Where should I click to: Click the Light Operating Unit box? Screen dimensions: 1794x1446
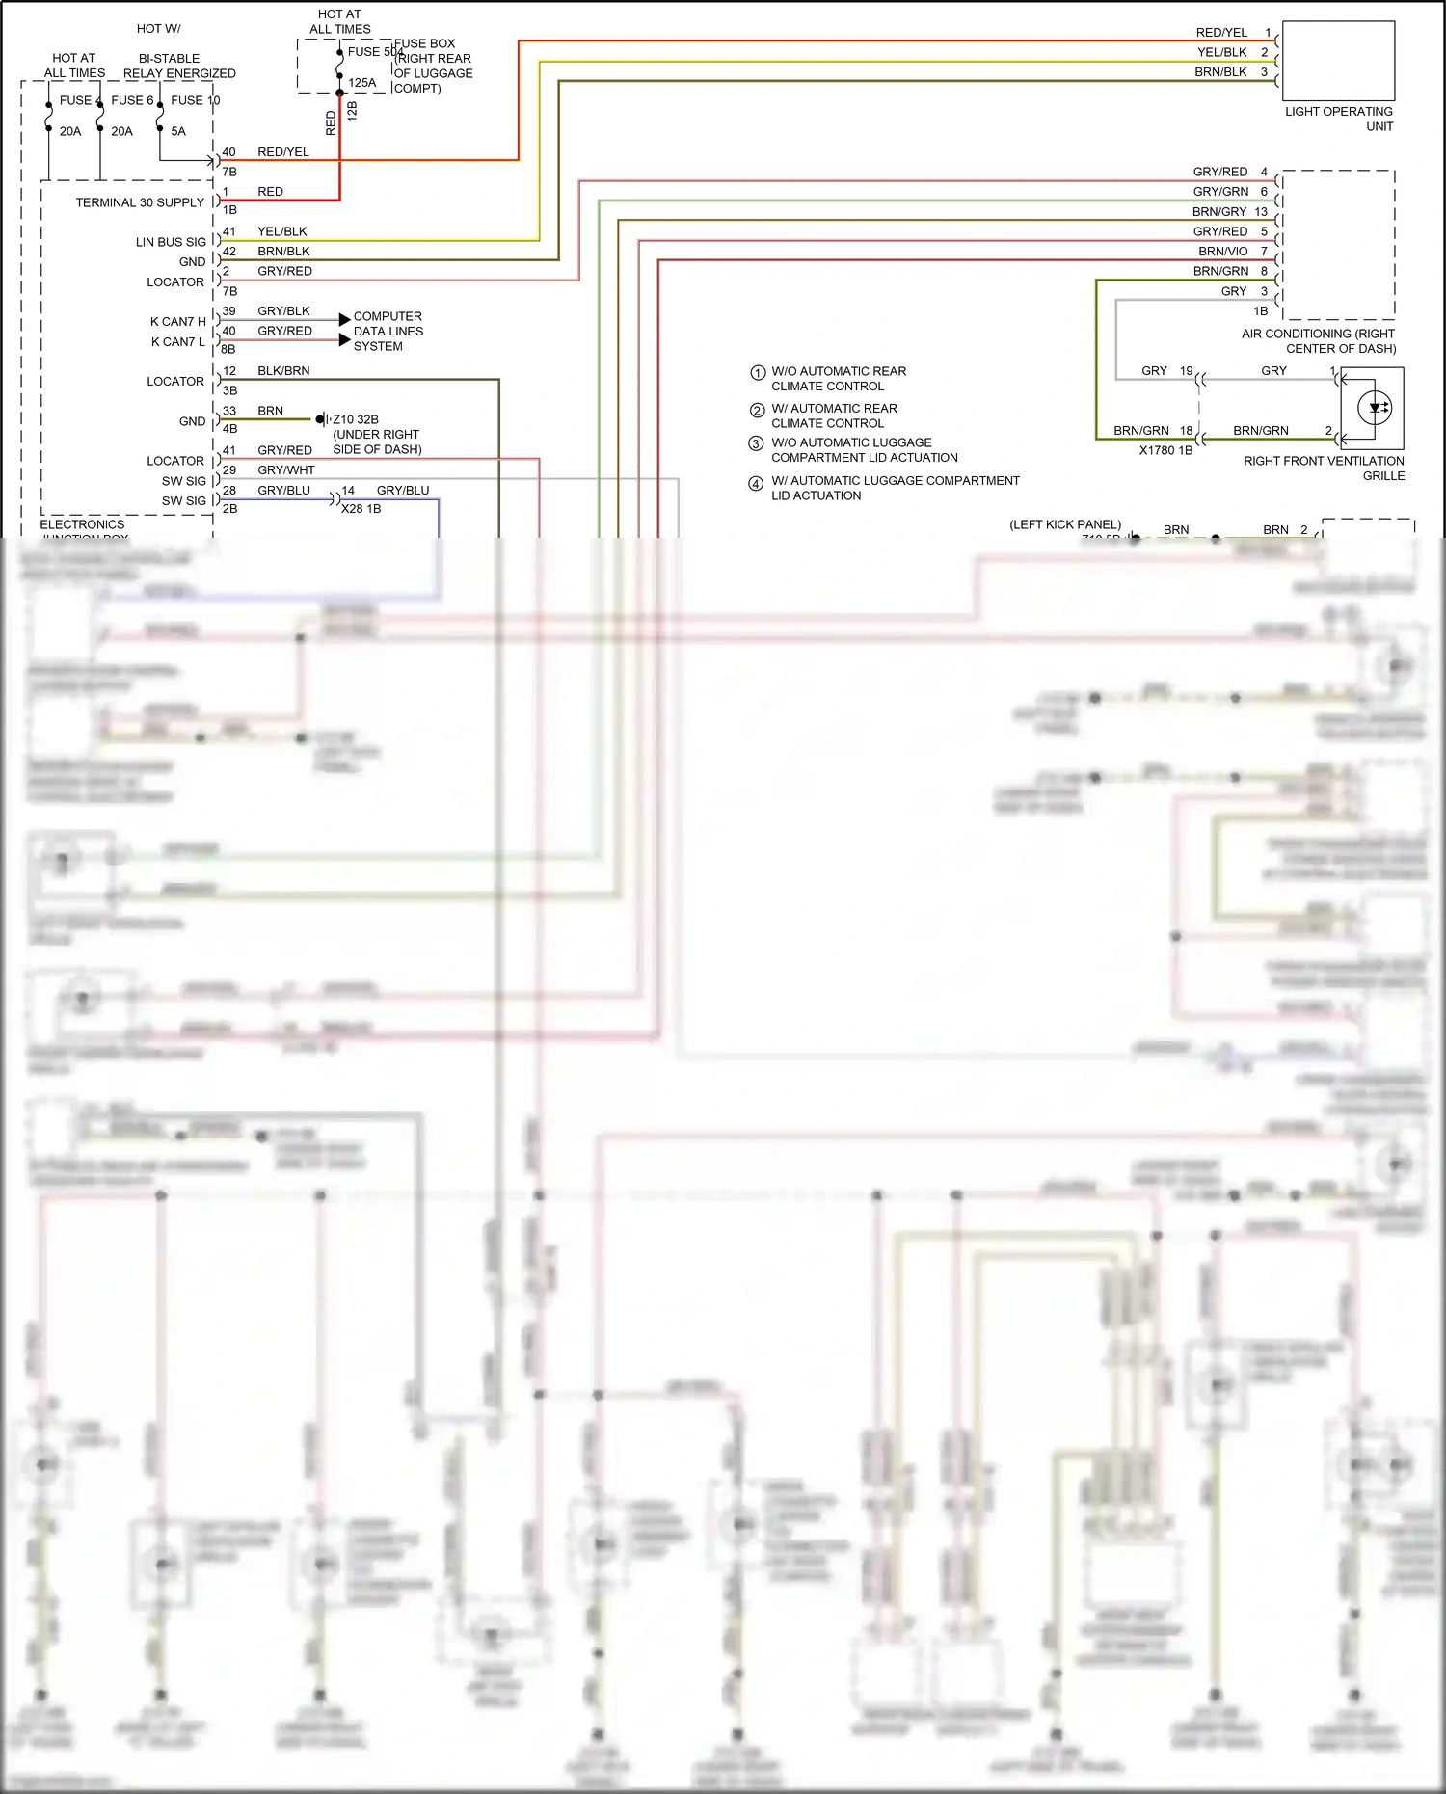click(x=1338, y=62)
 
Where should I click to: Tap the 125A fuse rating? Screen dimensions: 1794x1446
click(x=362, y=83)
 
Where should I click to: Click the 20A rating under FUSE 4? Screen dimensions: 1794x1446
click(x=70, y=131)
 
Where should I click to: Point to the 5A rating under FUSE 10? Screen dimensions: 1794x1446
click(x=178, y=131)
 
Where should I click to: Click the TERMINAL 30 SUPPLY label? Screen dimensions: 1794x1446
click(x=140, y=202)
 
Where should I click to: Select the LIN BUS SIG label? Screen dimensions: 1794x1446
click(x=171, y=242)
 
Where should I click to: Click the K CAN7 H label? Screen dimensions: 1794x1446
click(x=177, y=321)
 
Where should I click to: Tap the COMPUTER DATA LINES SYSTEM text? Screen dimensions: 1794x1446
click(x=388, y=331)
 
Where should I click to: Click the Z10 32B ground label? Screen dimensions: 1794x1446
click(x=356, y=419)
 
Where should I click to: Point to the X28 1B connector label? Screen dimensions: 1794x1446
click(x=361, y=509)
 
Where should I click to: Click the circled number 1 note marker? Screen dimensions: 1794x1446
click(x=758, y=373)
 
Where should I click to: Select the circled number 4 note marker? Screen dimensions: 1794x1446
click(x=757, y=484)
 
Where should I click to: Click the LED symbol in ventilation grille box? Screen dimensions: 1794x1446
click(x=1374, y=408)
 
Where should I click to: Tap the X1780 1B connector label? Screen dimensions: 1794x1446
click(x=1165, y=450)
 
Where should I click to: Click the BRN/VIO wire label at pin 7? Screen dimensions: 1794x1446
click(x=1222, y=252)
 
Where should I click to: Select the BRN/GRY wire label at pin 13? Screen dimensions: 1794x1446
click(x=1219, y=212)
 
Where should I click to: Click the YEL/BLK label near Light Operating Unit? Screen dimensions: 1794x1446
click(x=1221, y=52)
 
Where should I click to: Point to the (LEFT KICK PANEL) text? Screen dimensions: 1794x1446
click(x=1065, y=524)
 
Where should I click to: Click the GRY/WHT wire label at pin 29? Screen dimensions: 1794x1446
click(x=286, y=470)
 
